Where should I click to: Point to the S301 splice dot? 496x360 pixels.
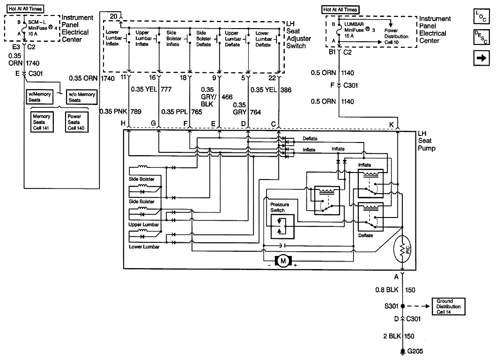(403, 307)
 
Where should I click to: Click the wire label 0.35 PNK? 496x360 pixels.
(111, 112)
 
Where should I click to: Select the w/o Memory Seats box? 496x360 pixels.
(81, 97)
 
